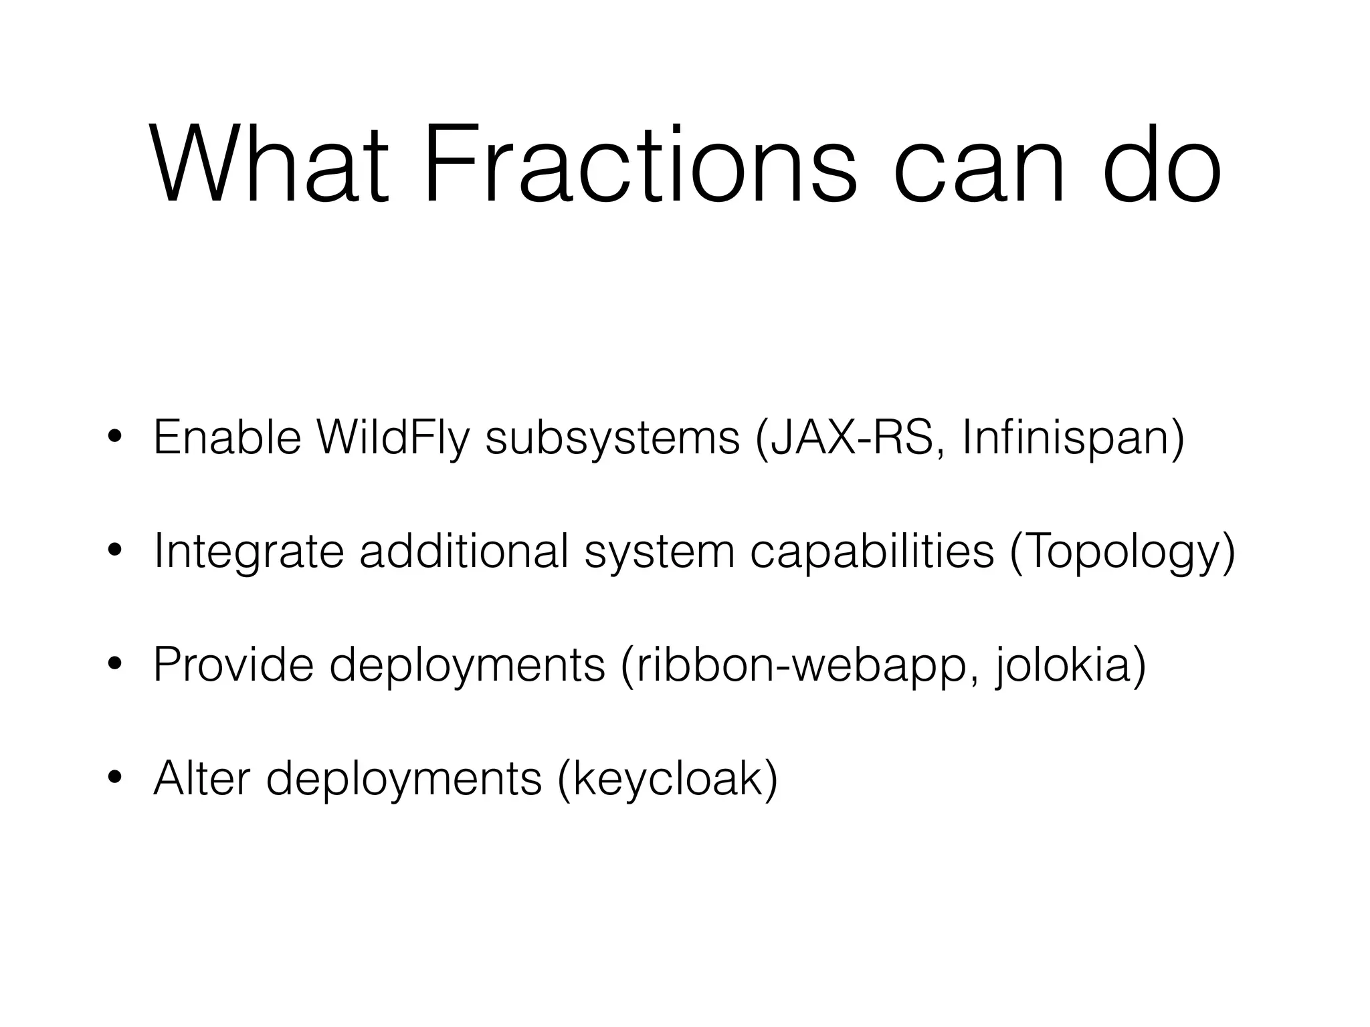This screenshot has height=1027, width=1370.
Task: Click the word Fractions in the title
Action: coord(639,164)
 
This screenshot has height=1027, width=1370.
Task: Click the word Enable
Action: coord(227,437)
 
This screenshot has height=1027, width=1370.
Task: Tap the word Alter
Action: coord(201,778)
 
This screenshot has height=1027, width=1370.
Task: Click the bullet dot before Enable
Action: coord(114,439)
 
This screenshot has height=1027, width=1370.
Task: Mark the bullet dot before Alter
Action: coord(114,778)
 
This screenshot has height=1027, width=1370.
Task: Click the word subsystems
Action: coord(612,439)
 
